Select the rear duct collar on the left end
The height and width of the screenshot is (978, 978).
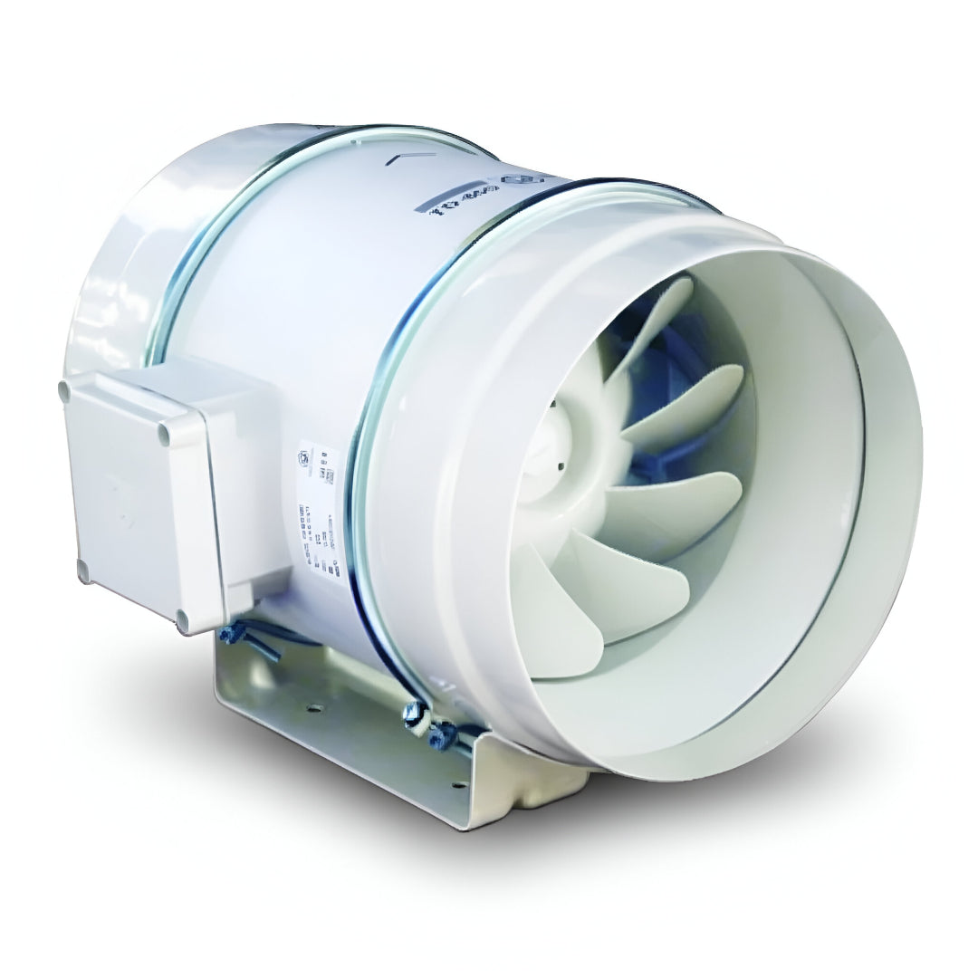[118, 244]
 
